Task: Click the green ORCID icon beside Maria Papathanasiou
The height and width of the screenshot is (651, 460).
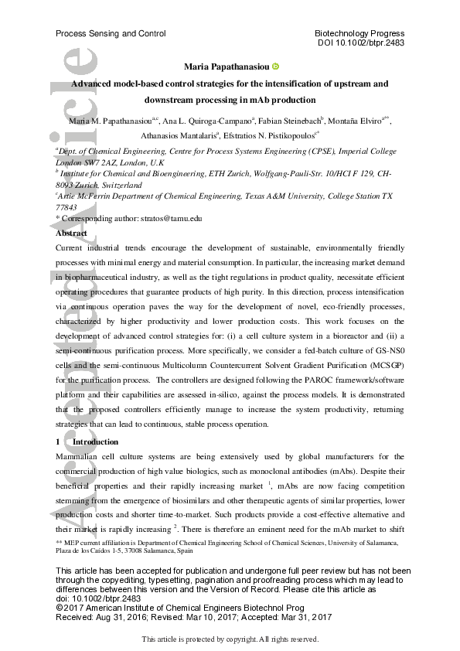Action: [x=277, y=66]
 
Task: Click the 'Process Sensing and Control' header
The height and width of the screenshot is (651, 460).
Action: [x=111, y=34]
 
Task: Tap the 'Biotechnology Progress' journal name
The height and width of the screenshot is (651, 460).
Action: [x=359, y=34]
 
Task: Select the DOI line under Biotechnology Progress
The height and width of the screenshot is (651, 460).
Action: [x=361, y=43]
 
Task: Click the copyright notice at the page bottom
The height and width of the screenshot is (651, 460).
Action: [x=230, y=639]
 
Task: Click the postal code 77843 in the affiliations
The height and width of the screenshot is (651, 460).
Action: [x=66, y=208]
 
